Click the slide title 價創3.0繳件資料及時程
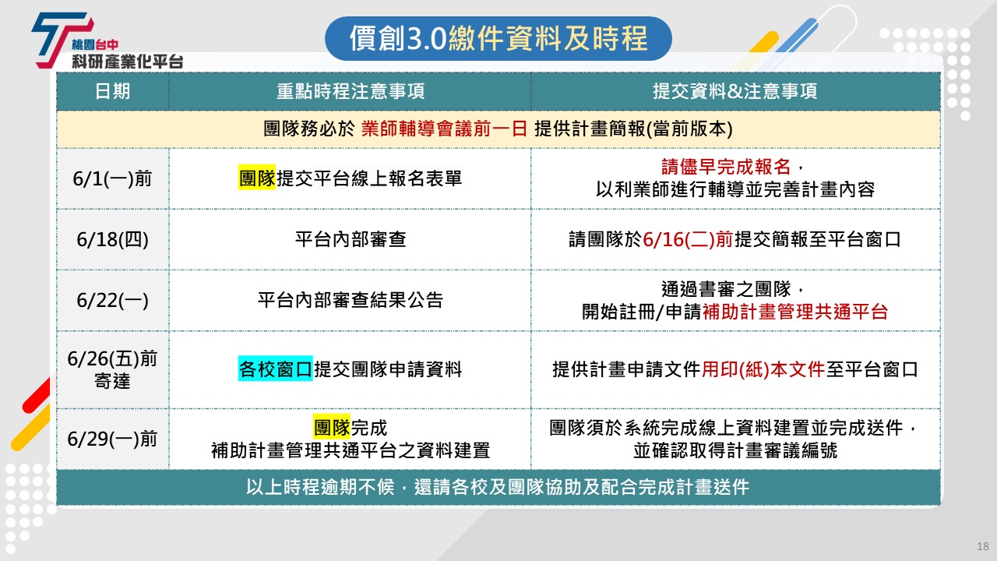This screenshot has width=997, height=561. point(498,38)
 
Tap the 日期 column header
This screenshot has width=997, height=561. point(113,91)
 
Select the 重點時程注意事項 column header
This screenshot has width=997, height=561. point(351,91)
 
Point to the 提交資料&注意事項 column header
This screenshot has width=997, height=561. point(735,91)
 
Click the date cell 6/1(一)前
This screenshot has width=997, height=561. point(113,178)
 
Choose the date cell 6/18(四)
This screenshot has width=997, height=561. point(113,239)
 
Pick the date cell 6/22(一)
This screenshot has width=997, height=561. point(113,300)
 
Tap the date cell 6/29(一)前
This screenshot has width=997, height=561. point(113,439)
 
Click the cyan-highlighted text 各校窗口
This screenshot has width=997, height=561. point(276,369)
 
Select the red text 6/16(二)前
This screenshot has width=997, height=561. point(688,239)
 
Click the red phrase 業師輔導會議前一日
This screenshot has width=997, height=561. point(444,129)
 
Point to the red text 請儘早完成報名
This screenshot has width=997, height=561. point(726,167)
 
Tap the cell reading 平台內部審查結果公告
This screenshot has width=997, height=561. point(351,300)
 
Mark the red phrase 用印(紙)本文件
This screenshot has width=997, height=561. point(763,369)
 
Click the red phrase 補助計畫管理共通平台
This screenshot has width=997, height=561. point(795,312)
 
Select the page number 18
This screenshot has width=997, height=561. point(983,546)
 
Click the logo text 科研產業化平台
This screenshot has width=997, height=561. point(128,62)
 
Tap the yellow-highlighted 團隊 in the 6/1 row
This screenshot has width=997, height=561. point(257,178)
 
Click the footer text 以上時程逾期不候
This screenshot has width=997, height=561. point(320,487)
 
